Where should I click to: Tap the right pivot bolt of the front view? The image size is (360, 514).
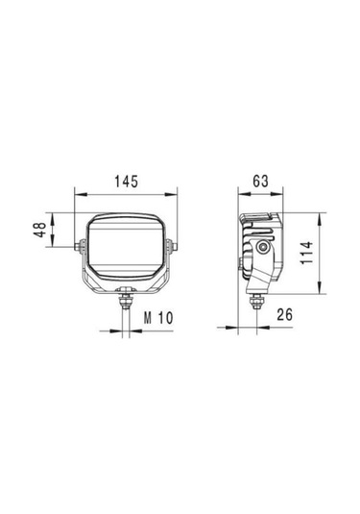point(174,246)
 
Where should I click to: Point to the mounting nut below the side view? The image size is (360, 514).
point(256,300)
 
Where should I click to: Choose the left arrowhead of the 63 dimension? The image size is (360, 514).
point(241,192)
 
